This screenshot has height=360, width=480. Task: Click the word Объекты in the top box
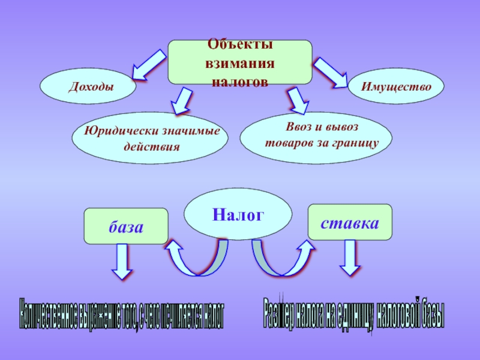coord(240,45)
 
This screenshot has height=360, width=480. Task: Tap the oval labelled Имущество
coord(396,86)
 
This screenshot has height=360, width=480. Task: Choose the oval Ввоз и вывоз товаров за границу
coord(316,136)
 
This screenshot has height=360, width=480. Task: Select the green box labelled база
coord(125,226)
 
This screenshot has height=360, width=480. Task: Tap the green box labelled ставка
coord(349,223)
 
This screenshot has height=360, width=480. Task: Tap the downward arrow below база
coord(122,263)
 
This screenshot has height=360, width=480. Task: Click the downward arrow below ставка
coord(350,259)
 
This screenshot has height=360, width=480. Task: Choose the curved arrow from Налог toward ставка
coord(282,258)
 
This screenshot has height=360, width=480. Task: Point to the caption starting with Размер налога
coord(353,313)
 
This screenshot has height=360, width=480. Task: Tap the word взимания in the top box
coord(240,63)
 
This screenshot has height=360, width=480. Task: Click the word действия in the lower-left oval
coord(151,146)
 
